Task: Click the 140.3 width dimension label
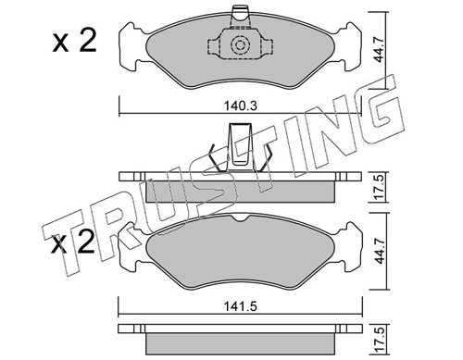pyautogui.click(x=241, y=106)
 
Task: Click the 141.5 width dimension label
pyautogui.click(x=241, y=306)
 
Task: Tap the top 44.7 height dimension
pyautogui.click(x=379, y=50)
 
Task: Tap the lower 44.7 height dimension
pyautogui.click(x=380, y=252)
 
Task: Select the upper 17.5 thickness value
pyautogui.click(x=380, y=187)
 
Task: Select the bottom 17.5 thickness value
pyautogui.click(x=380, y=340)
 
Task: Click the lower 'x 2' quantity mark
pyautogui.click(x=73, y=242)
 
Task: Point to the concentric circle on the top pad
pyautogui.click(x=240, y=45)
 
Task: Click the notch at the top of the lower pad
pyautogui.click(x=241, y=218)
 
